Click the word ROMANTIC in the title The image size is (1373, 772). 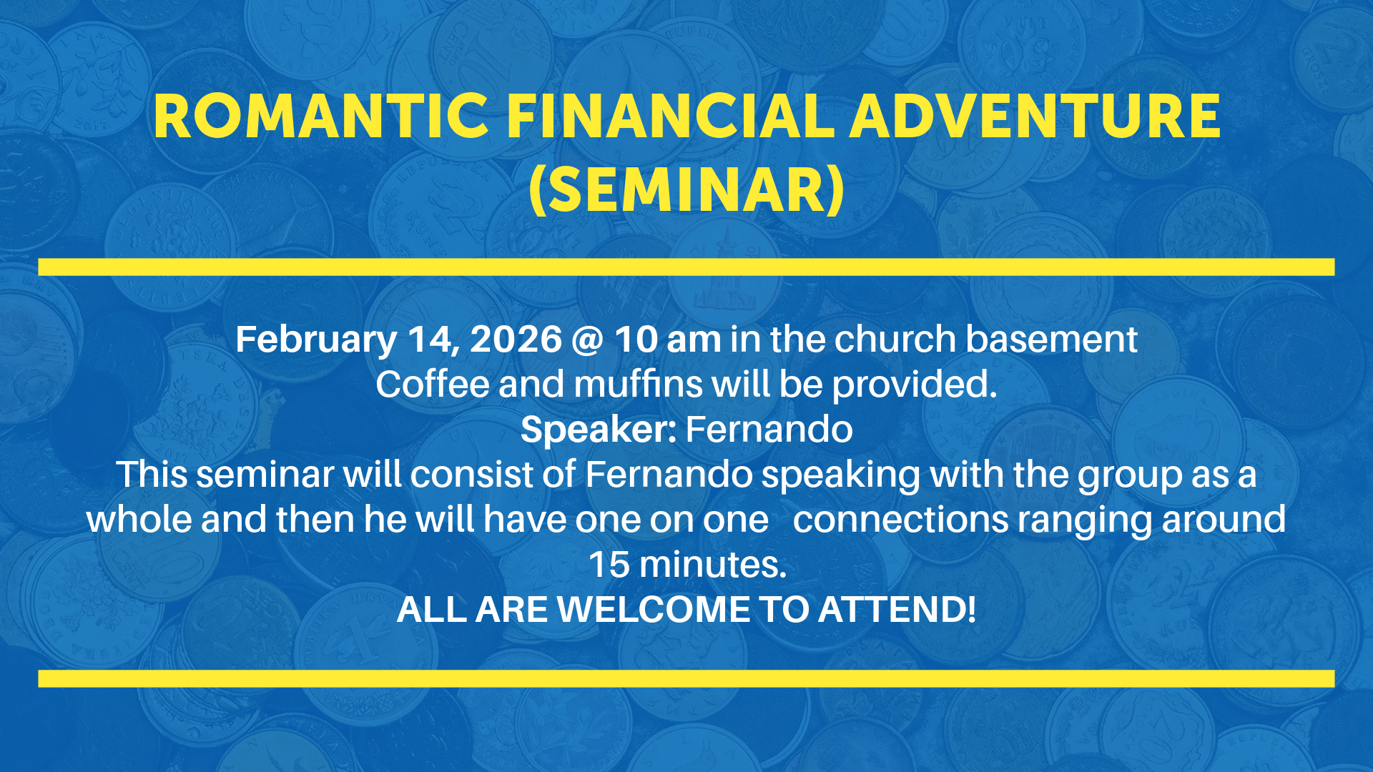[x=321, y=116]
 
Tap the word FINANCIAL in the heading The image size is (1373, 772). [x=670, y=116]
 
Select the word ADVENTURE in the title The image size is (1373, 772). [x=1035, y=116]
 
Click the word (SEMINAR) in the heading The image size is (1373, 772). [x=686, y=190]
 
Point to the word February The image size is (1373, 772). [x=316, y=340]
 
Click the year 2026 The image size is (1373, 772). [x=516, y=339]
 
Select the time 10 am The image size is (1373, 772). [x=668, y=339]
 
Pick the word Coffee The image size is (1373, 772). [x=433, y=384]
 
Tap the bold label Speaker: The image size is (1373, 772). [x=599, y=430]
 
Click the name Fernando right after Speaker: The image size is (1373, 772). [x=769, y=429]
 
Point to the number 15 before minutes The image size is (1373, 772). [x=609, y=565]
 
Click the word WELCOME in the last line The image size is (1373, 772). [x=654, y=610]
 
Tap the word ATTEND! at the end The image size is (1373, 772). [x=897, y=610]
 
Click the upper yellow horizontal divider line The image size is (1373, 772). [x=686, y=267]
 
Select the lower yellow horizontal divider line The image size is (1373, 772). [x=686, y=678]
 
